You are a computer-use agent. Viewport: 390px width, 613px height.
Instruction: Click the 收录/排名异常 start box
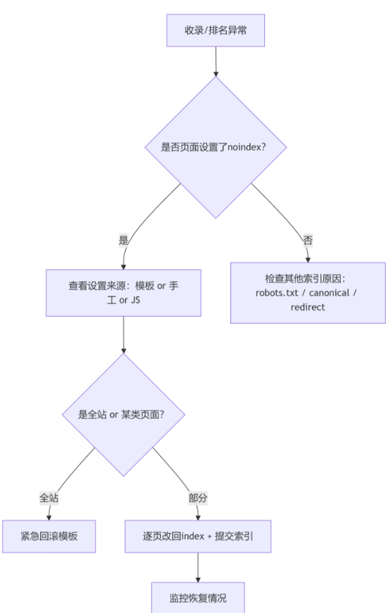coord(216,30)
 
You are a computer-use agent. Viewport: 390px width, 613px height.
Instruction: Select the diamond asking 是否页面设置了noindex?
coord(216,147)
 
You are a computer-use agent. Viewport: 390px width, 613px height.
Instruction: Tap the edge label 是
coord(124,240)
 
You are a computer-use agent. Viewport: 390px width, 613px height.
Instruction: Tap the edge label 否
coord(308,240)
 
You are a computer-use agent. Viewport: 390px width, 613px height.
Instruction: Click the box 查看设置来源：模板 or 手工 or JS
coord(124,293)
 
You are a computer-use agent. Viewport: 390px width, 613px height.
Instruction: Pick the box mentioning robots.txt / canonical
coord(308,293)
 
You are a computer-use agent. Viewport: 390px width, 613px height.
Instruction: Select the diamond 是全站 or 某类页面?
coord(124,415)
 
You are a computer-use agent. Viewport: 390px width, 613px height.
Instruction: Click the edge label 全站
coord(49,498)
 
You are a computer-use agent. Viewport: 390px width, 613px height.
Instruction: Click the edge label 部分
coord(198,498)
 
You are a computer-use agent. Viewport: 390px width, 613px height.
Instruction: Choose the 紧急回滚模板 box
coord(49,536)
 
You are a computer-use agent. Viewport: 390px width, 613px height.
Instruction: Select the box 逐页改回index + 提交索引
coord(198,536)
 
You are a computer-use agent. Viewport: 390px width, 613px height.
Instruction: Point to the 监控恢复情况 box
coord(198,598)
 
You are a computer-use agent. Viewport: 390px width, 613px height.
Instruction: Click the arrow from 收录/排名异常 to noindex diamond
coord(216,61)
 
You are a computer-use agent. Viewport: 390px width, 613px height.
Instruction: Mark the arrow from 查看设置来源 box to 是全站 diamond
coord(124,334)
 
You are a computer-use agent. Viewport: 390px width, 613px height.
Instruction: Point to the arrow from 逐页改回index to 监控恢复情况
coord(198,567)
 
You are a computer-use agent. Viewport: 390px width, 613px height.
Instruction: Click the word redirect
coord(308,308)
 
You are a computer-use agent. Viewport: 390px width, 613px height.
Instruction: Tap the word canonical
coord(329,293)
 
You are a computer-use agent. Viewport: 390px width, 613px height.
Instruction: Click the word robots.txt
coord(277,293)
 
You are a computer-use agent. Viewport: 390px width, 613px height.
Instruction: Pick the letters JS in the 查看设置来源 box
coord(136,301)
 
